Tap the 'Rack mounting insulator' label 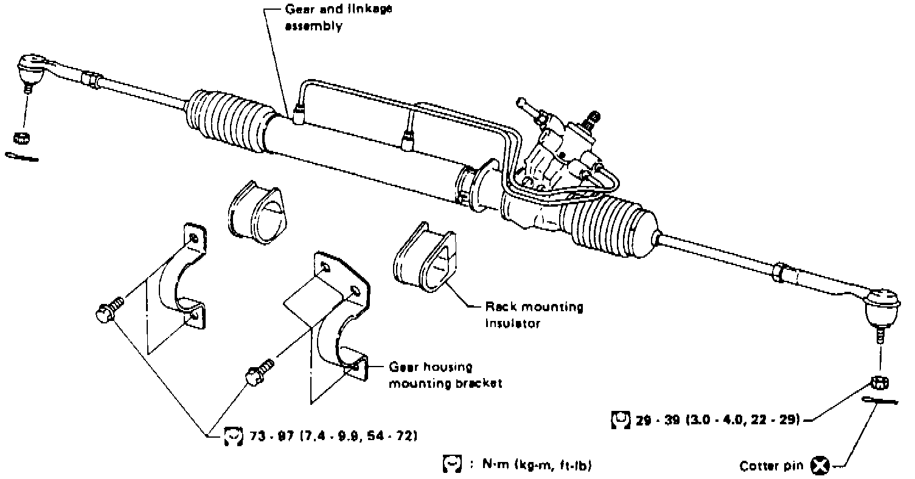(x=534, y=315)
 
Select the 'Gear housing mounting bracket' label (x=445, y=376)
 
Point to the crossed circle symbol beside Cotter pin (x=820, y=466)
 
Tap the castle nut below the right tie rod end (x=880, y=383)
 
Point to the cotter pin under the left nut (x=22, y=157)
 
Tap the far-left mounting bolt (x=108, y=310)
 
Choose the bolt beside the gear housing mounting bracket (x=259, y=372)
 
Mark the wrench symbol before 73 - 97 (x=232, y=436)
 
